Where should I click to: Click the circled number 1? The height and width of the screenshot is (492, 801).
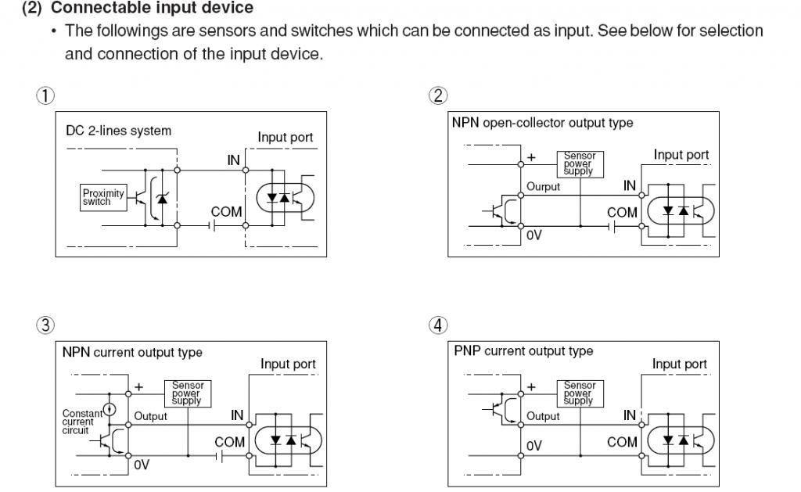[x=45, y=95]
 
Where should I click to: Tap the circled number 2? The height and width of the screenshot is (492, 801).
[x=438, y=95]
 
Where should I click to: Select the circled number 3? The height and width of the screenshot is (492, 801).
[x=45, y=325]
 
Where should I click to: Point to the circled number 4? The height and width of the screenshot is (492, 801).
[x=438, y=325]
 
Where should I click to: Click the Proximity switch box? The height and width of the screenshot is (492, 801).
[x=102, y=197]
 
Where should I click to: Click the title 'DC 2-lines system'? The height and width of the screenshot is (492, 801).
[x=118, y=131]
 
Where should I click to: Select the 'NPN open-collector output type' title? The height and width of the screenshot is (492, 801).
[x=542, y=123]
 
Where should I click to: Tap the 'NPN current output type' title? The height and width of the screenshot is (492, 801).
[x=132, y=352]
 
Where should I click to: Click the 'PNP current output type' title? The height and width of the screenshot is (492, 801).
[x=523, y=351]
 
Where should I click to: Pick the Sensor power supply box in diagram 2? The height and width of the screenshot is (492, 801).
[x=580, y=163]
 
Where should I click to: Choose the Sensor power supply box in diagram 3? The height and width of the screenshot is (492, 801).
[x=187, y=393]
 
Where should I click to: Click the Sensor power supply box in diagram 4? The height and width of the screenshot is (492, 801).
[x=580, y=393]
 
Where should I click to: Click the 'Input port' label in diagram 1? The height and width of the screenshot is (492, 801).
[x=286, y=138]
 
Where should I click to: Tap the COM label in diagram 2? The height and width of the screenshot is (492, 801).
[x=622, y=212]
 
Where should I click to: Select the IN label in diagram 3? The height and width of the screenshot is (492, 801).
[x=237, y=415]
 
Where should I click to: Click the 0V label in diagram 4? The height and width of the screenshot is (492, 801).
[x=533, y=446]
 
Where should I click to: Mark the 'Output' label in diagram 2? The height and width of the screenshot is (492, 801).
[x=543, y=187]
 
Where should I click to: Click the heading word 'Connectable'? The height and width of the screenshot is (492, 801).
[x=92, y=8]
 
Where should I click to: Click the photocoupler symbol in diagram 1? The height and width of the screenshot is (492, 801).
[x=278, y=198]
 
